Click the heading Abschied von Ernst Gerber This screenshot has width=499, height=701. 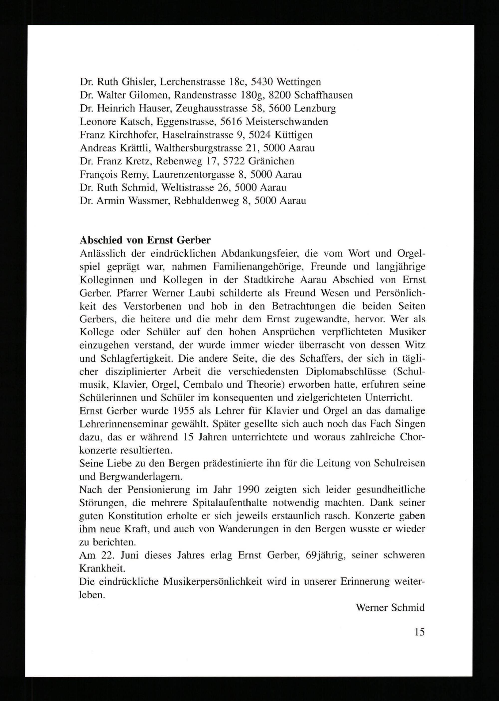click(x=145, y=240)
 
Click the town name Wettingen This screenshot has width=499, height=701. click(x=299, y=82)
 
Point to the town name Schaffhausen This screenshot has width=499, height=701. click(x=323, y=95)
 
